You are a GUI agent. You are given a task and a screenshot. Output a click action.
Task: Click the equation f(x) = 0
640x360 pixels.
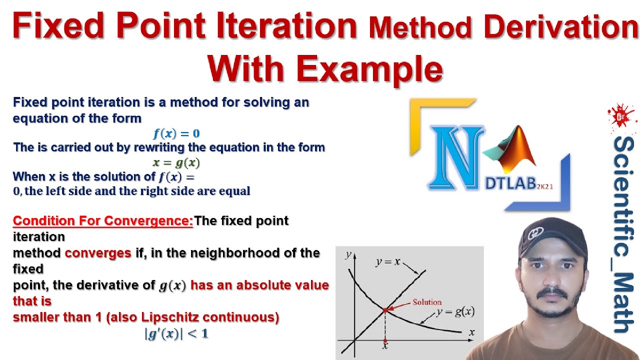pyautogui.click(x=176, y=133)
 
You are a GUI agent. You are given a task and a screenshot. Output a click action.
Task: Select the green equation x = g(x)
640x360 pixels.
pyautogui.click(x=176, y=162)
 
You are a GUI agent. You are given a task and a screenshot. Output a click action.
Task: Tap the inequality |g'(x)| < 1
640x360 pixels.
pyautogui.click(x=176, y=334)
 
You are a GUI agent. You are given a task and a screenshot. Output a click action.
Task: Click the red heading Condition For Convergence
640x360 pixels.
pyautogui.click(x=102, y=220)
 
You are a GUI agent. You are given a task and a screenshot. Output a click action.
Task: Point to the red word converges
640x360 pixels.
pyautogui.click(x=98, y=253)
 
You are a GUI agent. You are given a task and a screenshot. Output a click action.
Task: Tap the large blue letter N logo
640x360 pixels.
pyautogui.click(x=456, y=158)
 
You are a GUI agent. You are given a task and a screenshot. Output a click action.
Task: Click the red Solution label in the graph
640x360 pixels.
pyautogui.click(x=427, y=302)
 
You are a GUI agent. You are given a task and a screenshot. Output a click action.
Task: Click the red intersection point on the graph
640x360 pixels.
pyautogui.click(x=385, y=310)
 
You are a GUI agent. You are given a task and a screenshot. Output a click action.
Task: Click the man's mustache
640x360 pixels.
pyautogui.click(x=550, y=291)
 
